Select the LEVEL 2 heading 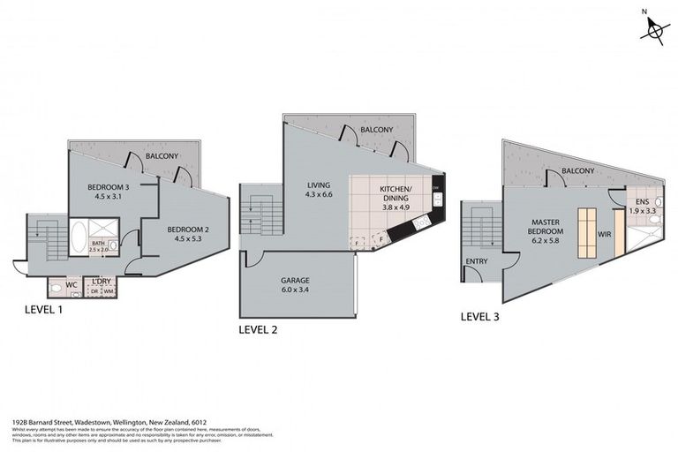(261, 330)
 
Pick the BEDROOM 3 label (109, 188)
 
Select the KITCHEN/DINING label (395, 195)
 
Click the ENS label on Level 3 (641, 202)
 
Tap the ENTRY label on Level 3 (477, 261)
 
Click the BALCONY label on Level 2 (377, 130)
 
